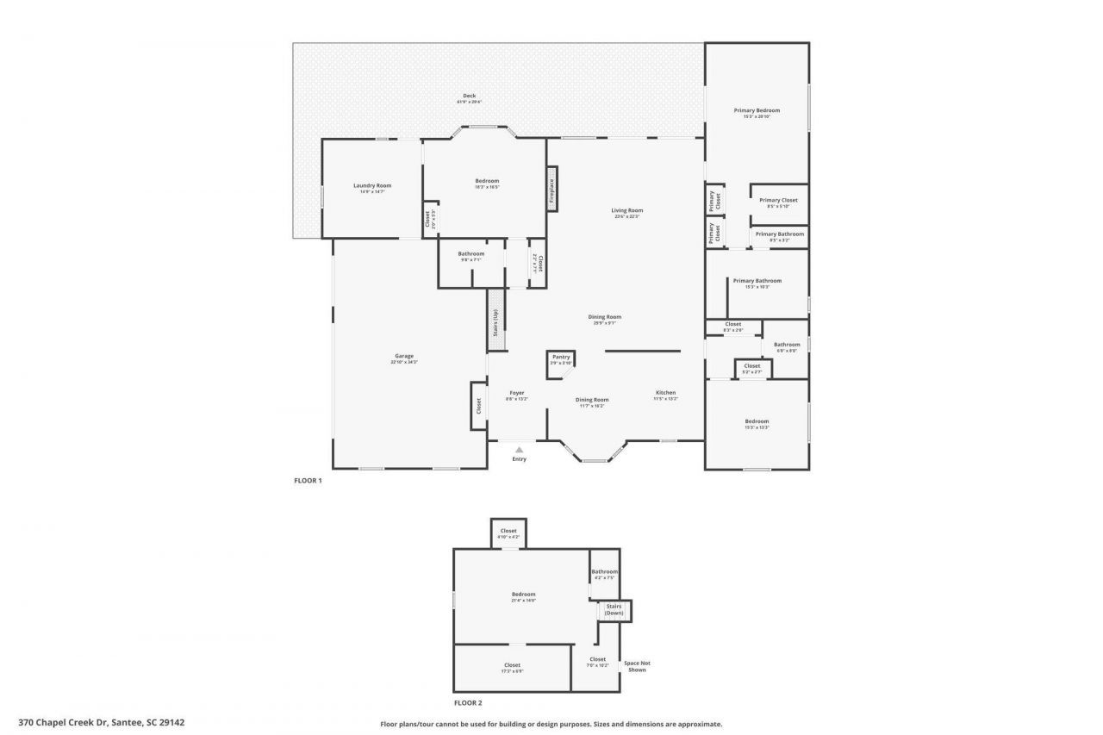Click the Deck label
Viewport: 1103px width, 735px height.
(469, 97)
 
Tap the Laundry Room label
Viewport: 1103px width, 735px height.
(372, 186)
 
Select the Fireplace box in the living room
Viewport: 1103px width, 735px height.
(552, 189)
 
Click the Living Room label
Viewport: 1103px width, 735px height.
(627, 211)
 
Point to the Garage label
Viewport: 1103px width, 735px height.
(404, 357)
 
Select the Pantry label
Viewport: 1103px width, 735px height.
(561, 358)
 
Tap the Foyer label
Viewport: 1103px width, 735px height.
(516, 394)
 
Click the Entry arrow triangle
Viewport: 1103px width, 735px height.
(519, 449)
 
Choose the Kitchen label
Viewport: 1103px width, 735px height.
(665, 394)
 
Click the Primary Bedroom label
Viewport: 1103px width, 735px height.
(757, 111)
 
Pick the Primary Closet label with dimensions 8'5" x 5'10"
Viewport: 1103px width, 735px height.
(778, 201)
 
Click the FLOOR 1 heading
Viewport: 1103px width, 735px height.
(308, 481)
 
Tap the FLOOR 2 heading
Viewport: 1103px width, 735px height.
(468, 703)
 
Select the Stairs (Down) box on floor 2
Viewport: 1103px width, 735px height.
(614, 610)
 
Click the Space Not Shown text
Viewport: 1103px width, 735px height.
(637, 666)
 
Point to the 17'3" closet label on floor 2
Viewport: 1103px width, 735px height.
(512, 666)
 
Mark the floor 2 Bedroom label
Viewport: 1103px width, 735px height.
(523, 595)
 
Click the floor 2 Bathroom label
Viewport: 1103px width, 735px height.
(604, 572)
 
